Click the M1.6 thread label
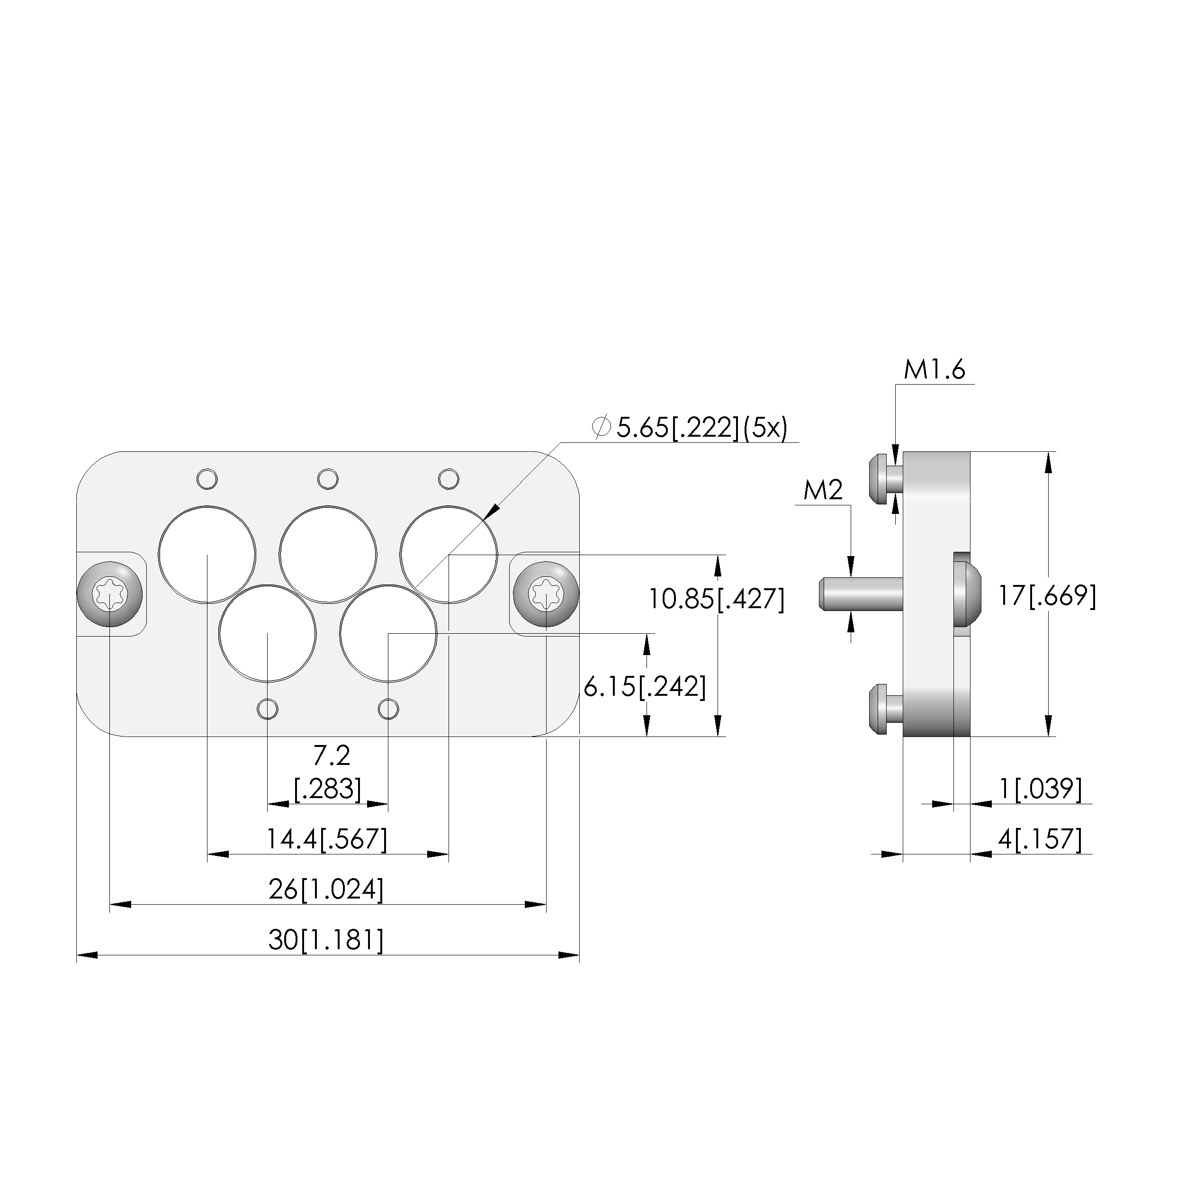tap(934, 370)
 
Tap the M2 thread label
tap(823, 491)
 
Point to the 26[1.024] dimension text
tap(326, 889)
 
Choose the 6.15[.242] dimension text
tap(645, 686)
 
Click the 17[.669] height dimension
tap(1047, 595)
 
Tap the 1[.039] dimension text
tap(1041, 789)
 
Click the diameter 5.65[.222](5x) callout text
tap(690, 428)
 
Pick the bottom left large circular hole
tap(268, 634)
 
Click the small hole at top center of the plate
tap(328, 478)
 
